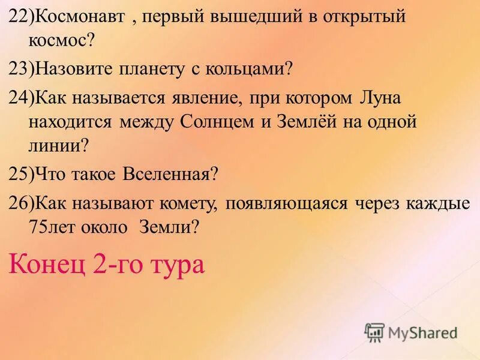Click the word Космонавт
[80, 17]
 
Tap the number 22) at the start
[22, 17]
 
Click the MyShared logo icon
[374, 331]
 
